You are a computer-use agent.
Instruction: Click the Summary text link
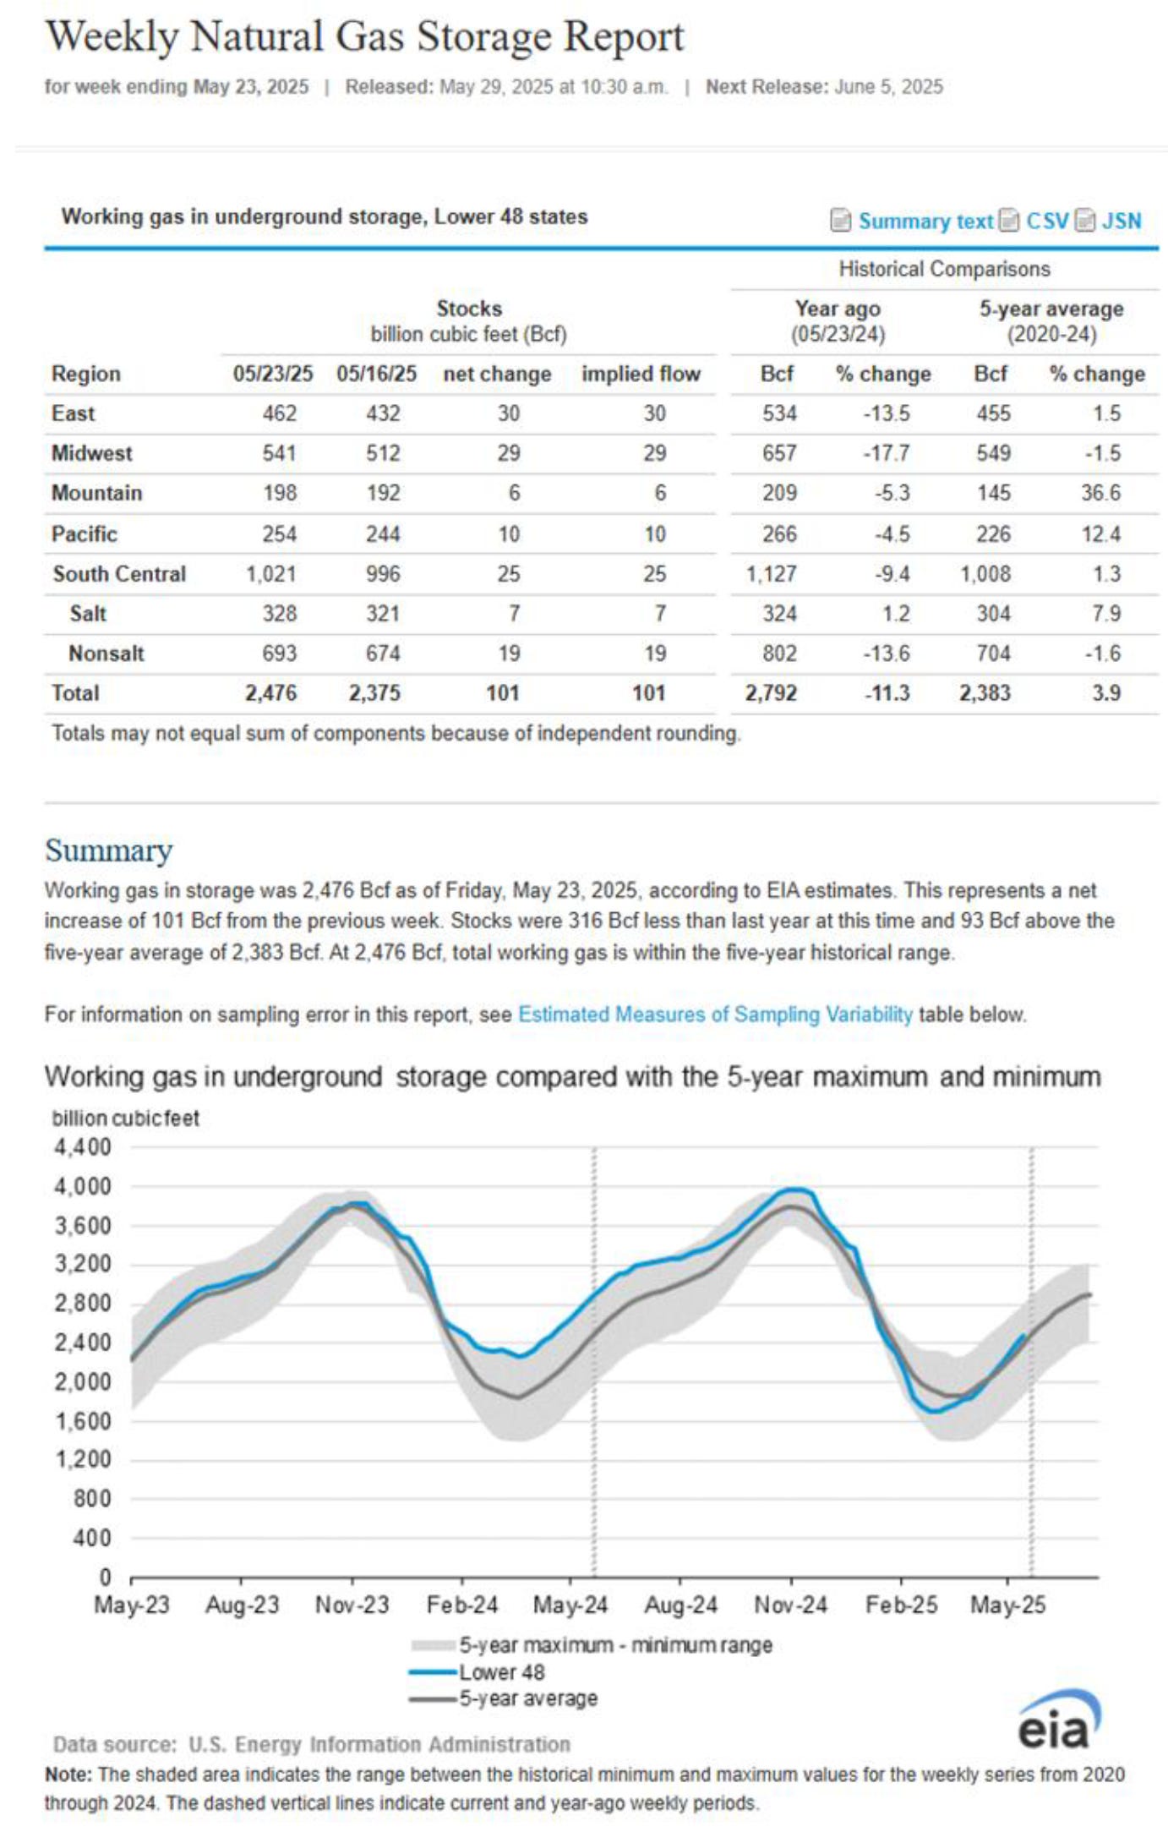[x=925, y=221]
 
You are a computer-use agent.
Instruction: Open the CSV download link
[x=1046, y=221]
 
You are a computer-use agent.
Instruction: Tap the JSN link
[x=1121, y=221]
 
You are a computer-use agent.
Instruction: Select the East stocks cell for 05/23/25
[x=279, y=413]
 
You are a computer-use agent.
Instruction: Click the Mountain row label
[x=96, y=493]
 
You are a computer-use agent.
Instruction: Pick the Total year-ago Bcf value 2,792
[x=771, y=693]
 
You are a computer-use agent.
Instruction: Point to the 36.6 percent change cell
[x=1100, y=493]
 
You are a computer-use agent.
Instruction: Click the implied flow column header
[x=641, y=374]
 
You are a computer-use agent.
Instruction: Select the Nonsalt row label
[x=106, y=654]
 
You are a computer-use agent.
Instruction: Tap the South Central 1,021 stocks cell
[x=271, y=574]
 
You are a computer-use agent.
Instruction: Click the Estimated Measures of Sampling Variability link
[x=715, y=1014]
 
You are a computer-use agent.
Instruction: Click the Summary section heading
[x=108, y=850]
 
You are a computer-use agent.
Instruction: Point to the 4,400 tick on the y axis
[x=83, y=1147]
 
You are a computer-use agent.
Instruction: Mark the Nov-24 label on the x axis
[x=790, y=1605]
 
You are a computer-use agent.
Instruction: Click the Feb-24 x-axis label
[x=462, y=1605]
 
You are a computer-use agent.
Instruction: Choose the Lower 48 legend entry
[x=501, y=1672]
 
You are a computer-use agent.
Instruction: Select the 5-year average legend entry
[x=527, y=1698]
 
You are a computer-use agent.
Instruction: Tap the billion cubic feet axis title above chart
[x=126, y=1118]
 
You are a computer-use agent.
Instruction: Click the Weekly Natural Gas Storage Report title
[x=364, y=37]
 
